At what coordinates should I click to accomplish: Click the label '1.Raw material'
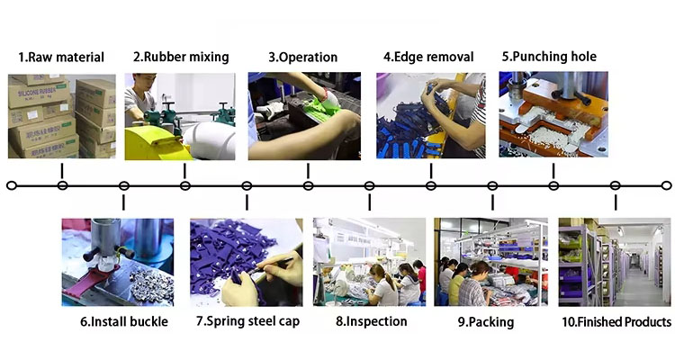[x=61, y=58]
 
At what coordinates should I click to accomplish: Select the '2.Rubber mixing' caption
[x=181, y=58]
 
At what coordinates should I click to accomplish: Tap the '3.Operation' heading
[x=303, y=58]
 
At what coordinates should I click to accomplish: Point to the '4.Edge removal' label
[x=428, y=58]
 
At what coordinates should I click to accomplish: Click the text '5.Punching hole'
[x=549, y=57]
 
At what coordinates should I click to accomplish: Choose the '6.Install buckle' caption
[x=124, y=321]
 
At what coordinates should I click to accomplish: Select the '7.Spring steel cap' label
[x=248, y=321]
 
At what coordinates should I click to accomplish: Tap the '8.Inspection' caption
[x=371, y=321]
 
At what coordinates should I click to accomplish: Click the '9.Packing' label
[x=486, y=322]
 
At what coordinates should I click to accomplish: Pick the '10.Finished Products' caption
[x=616, y=321]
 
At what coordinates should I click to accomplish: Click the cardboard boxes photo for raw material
[x=61, y=116]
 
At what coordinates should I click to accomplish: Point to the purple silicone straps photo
[x=247, y=262]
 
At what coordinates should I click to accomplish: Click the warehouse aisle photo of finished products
[x=615, y=262]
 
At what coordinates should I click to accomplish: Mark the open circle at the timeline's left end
[x=12, y=185]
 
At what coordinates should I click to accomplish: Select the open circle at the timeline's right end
[x=666, y=185]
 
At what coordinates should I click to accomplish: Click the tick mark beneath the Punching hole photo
[x=553, y=171]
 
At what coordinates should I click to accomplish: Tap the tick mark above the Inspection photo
[x=369, y=202]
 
